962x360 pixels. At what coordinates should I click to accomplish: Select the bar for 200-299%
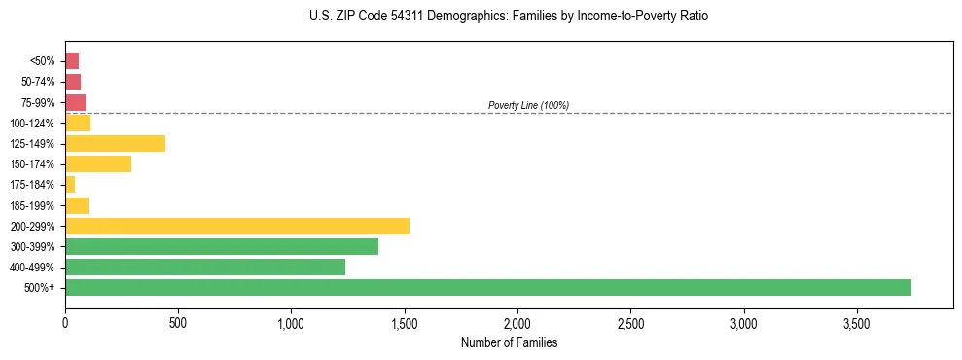(237, 226)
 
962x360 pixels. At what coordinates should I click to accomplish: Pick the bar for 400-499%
(205, 267)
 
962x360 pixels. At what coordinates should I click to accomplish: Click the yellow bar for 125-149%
(115, 143)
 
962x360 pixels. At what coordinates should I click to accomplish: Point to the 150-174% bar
(98, 163)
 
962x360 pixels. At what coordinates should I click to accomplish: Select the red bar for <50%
(72, 60)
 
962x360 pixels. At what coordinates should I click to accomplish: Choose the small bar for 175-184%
(70, 184)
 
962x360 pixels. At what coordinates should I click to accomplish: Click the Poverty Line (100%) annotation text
(528, 105)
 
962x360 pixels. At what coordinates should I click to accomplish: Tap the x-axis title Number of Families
(509, 342)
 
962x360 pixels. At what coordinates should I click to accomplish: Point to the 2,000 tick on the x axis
(517, 322)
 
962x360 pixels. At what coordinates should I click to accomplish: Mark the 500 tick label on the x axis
(178, 322)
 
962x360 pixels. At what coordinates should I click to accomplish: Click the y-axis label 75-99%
(37, 102)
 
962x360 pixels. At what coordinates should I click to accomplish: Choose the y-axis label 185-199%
(32, 205)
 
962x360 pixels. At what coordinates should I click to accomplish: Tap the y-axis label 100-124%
(32, 123)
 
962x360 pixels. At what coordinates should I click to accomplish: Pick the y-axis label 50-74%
(37, 82)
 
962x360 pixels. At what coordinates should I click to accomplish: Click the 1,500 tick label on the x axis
(405, 322)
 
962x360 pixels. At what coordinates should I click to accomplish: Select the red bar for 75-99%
(76, 102)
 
